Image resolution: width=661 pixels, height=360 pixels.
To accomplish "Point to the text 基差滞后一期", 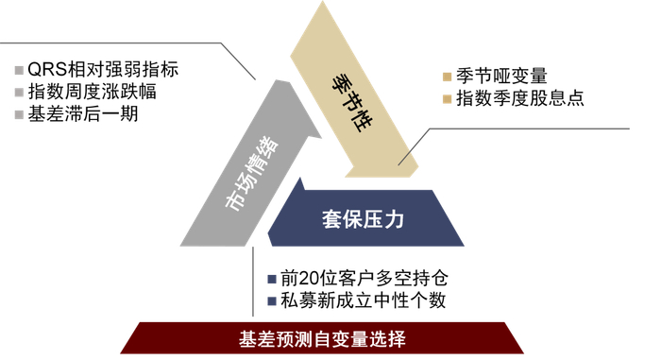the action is pos(83,114).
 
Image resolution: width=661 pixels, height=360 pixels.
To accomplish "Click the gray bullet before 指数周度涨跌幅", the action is pos(20,92).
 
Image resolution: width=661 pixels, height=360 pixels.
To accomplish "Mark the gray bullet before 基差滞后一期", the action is pos(20,114).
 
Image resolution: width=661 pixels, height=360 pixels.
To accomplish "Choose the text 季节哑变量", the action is pos(501,77).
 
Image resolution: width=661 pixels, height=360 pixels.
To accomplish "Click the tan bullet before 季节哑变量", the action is pos(446,77).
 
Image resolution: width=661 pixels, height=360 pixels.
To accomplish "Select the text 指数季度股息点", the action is pos(519,97).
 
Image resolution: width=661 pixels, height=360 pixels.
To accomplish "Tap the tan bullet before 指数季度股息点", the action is pos(446,98).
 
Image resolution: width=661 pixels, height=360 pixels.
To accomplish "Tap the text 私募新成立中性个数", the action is pos(364,301).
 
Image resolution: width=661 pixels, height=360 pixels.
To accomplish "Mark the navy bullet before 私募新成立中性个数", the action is pos(270,302).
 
